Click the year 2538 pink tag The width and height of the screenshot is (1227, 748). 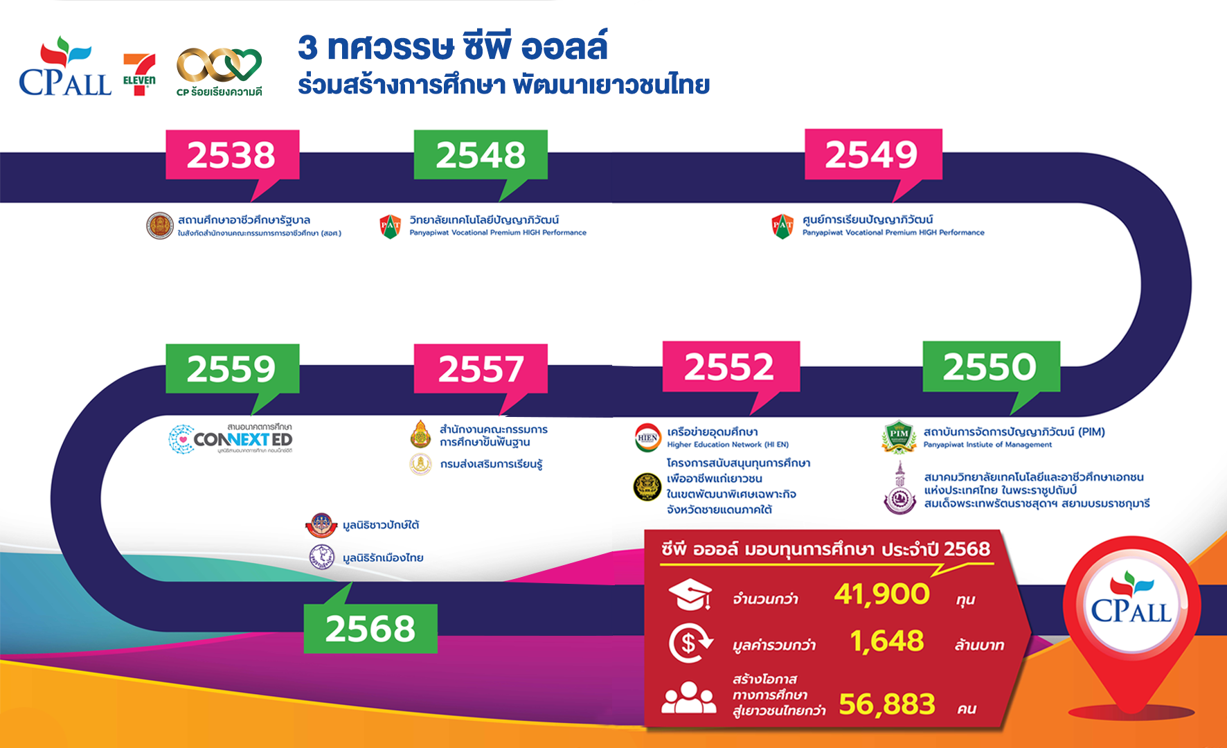(x=232, y=155)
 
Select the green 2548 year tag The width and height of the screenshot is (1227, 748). (x=481, y=155)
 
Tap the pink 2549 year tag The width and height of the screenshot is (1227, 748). (x=872, y=154)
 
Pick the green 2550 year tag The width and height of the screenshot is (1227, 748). (x=991, y=366)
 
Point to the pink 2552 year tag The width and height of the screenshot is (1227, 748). (x=731, y=366)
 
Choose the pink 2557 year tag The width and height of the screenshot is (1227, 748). (x=481, y=368)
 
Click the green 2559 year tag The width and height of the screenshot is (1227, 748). (x=232, y=368)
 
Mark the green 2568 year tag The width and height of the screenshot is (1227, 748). (x=370, y=628)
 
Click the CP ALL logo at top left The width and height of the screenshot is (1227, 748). (x=65, y=68)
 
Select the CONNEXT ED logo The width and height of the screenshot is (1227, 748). (x=232, y=439)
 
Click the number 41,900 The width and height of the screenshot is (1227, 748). (x=881, y=594)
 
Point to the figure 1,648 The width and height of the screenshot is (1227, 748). (x=887, y=641)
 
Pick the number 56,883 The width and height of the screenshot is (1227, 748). (x=887, y=704)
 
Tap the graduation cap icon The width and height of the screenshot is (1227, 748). (x=690, y=594)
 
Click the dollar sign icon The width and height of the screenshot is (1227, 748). (x=690, y=643)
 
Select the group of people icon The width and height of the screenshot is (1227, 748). (x=688, y=698)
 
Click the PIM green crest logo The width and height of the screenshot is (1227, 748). (x=899, y=437)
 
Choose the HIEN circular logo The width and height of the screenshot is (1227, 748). (x=648, y=438)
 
